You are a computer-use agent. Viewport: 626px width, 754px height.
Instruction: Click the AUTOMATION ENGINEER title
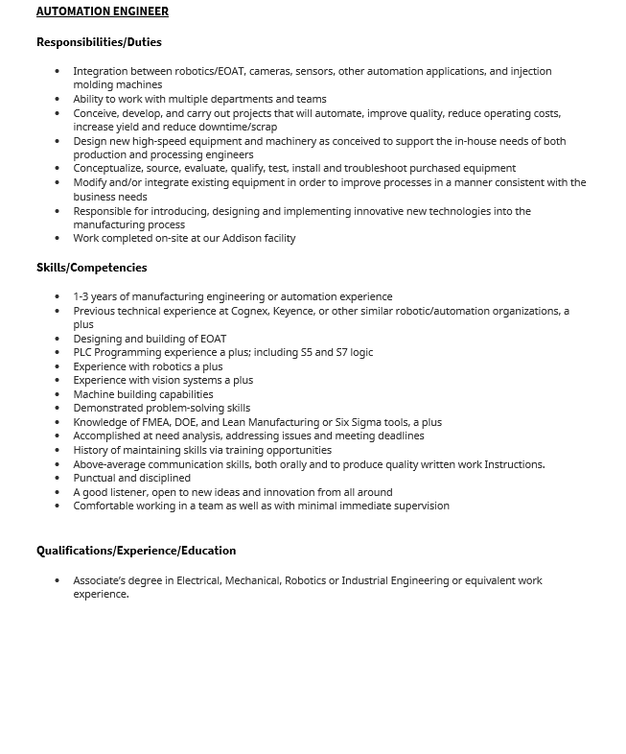(x=103, y=12)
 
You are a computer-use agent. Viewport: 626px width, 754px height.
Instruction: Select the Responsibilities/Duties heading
(x=99, y=42)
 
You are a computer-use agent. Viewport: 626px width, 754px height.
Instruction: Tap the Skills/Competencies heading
(x=92, y=268)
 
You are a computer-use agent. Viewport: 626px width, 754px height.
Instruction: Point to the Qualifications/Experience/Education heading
(x=136, y=551)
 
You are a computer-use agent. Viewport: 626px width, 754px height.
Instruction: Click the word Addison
(x=243, y=238)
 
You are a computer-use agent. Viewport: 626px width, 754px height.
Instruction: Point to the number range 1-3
(x=82, y=296)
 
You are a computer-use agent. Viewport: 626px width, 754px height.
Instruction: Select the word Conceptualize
(x=108, y=168)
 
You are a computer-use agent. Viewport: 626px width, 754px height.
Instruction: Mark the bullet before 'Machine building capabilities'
(x=58, y=394)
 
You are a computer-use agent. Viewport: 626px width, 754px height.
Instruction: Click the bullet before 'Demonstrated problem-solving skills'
(x=58, y=409)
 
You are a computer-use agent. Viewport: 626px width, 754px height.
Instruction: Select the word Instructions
(x=514, y=464)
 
